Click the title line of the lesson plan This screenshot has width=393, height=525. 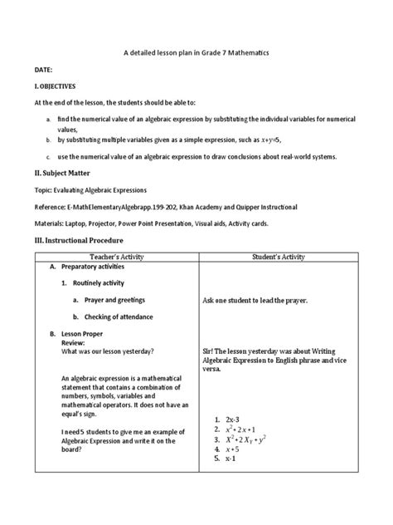196,53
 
